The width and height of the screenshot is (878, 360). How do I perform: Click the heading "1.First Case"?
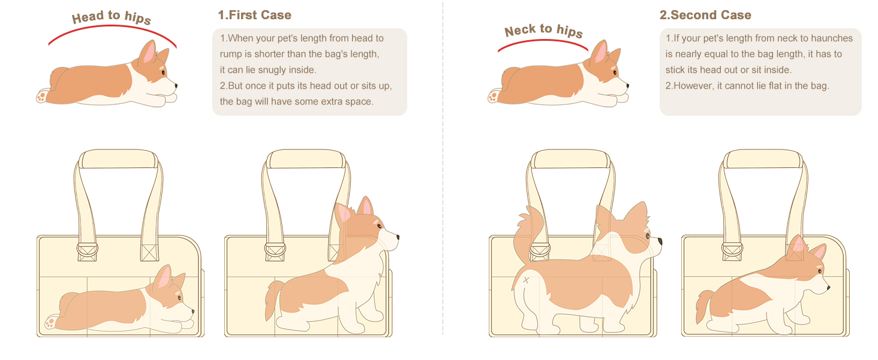click(254, 15)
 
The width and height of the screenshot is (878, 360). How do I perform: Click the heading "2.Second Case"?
click(705, 15)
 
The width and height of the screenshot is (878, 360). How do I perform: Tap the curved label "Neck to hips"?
click(543, 30)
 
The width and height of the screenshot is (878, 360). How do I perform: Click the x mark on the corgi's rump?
click(526, 280)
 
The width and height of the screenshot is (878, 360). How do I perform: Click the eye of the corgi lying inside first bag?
click(178, 297)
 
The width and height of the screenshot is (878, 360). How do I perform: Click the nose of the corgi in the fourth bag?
click(828, 288)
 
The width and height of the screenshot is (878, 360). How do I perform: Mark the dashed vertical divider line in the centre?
click(443, 180)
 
